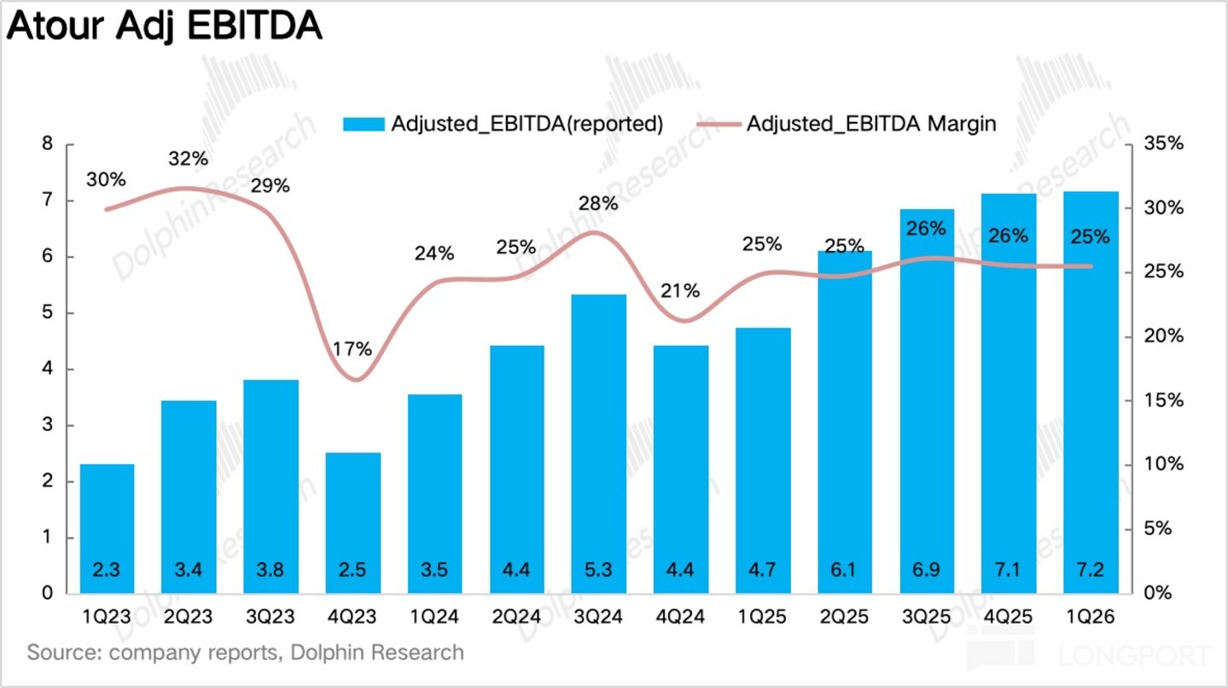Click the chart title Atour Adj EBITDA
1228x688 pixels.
tap(164, 26)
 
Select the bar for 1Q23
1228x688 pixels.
tap(107, 528)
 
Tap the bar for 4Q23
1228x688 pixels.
tap(353, 523)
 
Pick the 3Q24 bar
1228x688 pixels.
tap(599, 444)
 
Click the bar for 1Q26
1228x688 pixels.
tap(1091, 393)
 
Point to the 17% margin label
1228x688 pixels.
tap(352, 348)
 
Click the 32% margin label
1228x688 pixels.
tap(188, 159)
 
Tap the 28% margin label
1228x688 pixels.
tap(598, 204)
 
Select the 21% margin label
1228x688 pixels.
tap(680, 290)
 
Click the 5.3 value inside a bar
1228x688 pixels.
tap(598, 569)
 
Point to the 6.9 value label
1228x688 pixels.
tap(926, 569)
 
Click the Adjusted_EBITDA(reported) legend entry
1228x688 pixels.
tap(503, 124)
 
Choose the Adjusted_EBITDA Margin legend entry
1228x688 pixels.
tap(847, 124)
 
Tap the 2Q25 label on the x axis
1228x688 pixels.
tap(844, 617)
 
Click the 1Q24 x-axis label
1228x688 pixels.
tap(434, 617)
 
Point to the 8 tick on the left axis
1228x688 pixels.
tap(48, 143)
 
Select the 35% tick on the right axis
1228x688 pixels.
tap(1163, 143)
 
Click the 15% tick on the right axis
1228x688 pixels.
tap(1163, 400)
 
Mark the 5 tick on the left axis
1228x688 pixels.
tap(48, 312)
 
